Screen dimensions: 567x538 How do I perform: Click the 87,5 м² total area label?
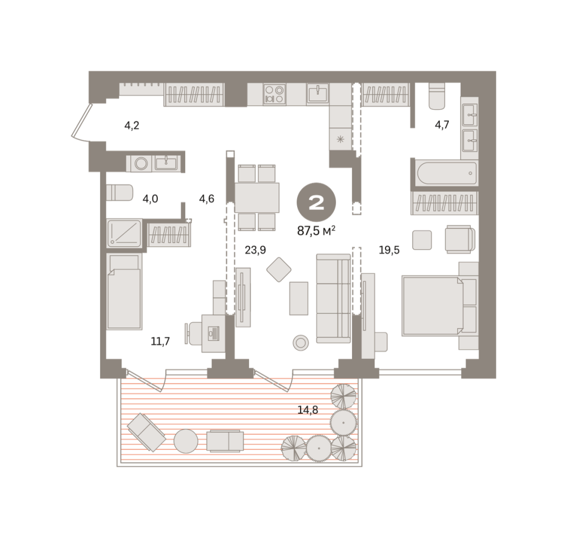316,231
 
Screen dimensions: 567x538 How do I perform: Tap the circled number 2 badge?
316,202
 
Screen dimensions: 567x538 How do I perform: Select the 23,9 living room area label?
255,250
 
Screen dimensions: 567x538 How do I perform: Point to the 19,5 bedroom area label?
389,250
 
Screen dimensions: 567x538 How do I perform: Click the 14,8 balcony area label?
308,410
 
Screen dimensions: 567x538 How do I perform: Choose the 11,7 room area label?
160,341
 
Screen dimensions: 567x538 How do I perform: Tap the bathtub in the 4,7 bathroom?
447,173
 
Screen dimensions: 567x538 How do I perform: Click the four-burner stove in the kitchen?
274,94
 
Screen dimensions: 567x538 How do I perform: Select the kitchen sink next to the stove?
318,94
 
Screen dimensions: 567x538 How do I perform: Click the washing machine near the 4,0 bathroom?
140,164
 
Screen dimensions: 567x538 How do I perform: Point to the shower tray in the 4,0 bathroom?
125,233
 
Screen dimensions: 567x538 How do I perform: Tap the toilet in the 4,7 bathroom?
437,96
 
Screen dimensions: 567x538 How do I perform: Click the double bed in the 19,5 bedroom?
433,306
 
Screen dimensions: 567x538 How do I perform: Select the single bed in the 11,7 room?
124,291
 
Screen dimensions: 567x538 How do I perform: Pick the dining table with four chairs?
257,198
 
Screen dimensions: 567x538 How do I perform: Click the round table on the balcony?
186,441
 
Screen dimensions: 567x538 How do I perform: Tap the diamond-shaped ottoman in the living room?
279,270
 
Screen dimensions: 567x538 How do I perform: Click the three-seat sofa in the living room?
334,298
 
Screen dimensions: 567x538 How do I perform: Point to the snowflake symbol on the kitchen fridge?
340,139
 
